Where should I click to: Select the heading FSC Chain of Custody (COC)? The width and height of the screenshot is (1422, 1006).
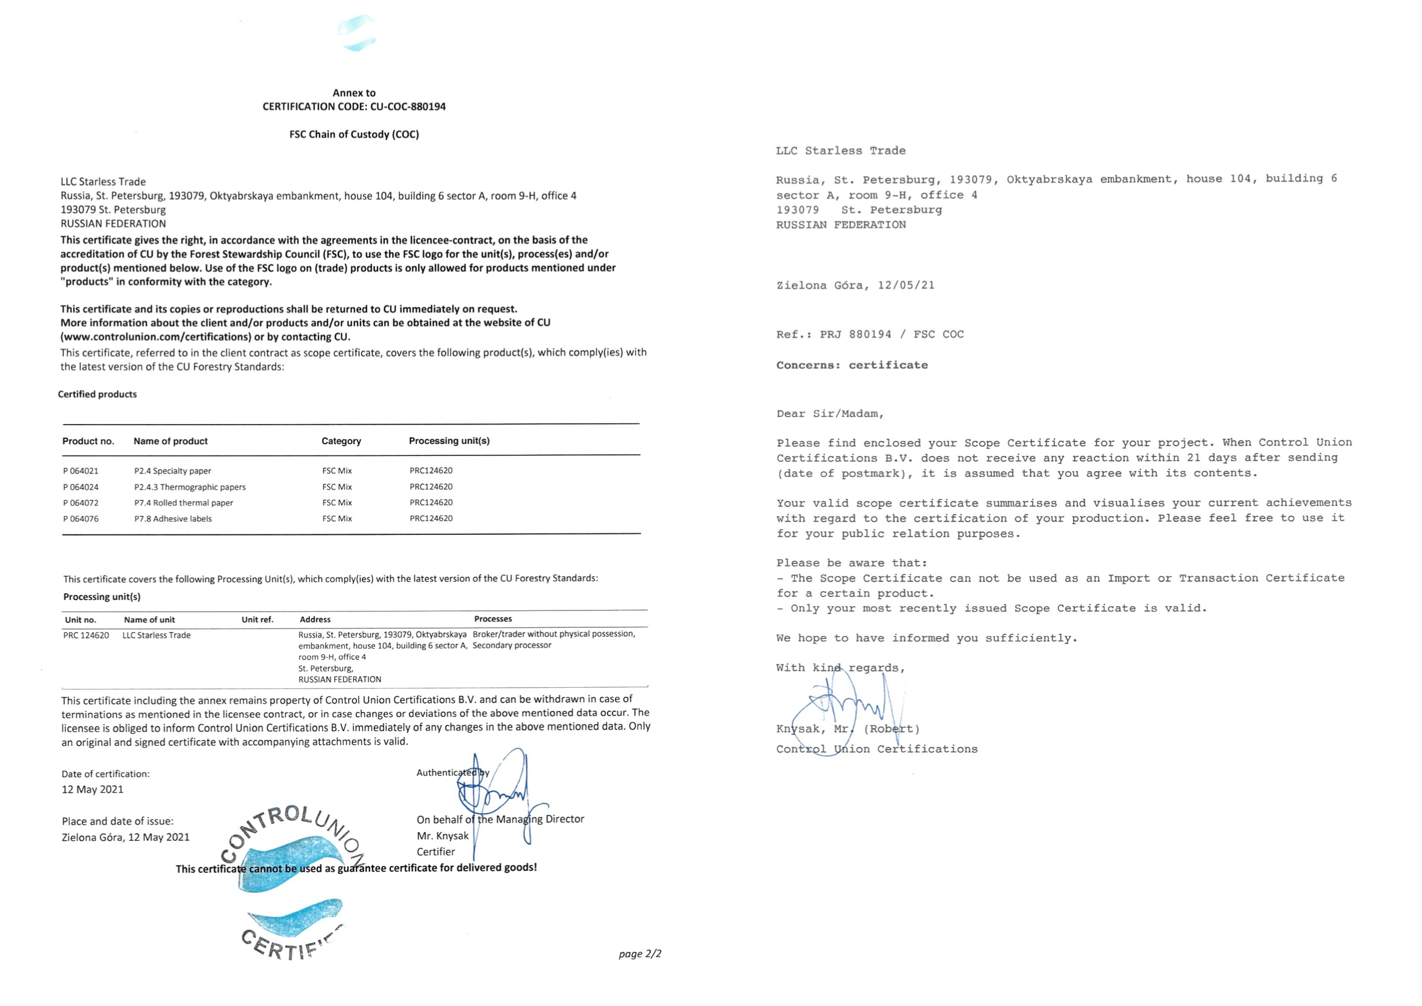coord(354,134)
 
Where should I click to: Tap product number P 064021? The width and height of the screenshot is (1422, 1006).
coord(81,472)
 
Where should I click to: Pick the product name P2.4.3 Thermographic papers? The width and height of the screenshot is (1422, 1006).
coord(190,487)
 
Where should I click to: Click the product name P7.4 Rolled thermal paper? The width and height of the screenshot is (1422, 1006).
coord(184,503)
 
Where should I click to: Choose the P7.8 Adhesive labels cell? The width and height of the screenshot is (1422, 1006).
coord(173,519)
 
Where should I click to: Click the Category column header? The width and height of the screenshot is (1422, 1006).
coord(341,441)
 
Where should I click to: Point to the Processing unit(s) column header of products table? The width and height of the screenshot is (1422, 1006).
coord(449,441)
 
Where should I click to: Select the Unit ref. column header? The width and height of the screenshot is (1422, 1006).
coord(257,620)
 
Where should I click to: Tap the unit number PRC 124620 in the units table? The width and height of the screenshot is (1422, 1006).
coord(86,635)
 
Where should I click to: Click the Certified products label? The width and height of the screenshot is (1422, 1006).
coord(97,394)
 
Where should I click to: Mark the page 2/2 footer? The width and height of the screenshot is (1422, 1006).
coord(639,954)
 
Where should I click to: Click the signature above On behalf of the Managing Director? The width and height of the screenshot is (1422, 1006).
coord(496,790)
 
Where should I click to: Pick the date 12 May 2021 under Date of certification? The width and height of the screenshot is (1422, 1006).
coord(92,790)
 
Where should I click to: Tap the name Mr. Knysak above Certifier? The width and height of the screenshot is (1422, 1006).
coord(442,836)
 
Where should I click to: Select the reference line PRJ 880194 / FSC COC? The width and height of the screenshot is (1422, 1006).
coord(870,335)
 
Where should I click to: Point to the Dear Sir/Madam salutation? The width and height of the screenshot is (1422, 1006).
coord(830,414)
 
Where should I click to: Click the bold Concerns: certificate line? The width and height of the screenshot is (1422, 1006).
coord(852,365)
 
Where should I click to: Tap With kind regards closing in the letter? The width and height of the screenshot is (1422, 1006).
coord(840,668)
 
